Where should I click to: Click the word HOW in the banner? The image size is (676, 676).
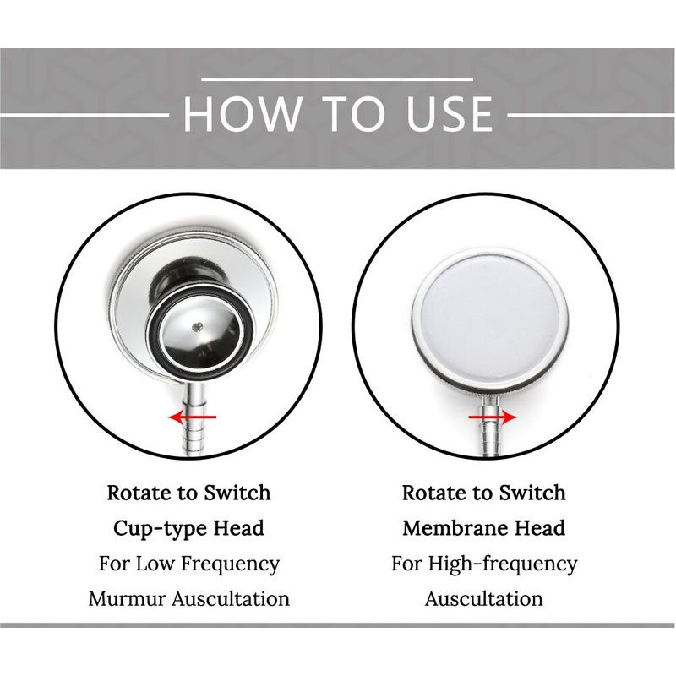coord(242,114)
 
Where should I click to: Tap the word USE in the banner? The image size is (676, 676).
coord(450,114)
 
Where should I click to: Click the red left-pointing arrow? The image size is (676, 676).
coord(193,417)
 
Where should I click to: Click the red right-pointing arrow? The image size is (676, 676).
coord(493,417)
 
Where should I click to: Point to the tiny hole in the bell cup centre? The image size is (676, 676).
coord(199,326)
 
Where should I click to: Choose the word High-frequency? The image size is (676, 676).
coord(502,564)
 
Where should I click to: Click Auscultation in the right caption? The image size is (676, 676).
coord(483,599)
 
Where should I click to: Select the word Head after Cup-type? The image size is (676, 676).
coord(239,528)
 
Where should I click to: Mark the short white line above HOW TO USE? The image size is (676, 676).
coord(337,79)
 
